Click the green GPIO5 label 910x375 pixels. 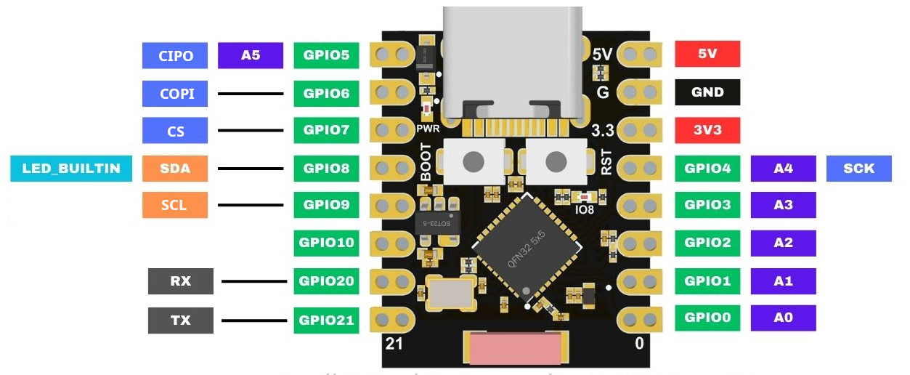[326, 55]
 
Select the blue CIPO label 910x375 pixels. [175, 55]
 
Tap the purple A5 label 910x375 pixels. [251, 55]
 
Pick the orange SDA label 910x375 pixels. [175, 169]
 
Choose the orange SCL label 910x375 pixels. [175, 205]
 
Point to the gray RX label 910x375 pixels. [181, 281]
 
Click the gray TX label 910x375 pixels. [181, 320]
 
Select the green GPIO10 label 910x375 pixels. [326, 242]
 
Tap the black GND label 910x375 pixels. [707, 92]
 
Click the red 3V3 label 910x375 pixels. [707, 131]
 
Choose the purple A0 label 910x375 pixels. [783, 318]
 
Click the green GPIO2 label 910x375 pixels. [707, 242]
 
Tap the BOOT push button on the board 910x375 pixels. [474, 160]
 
